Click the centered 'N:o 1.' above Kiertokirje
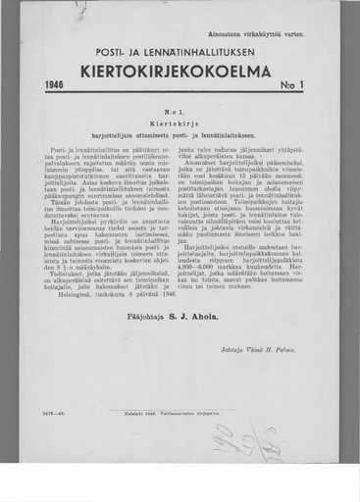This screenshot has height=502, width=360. click(180, 112)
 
